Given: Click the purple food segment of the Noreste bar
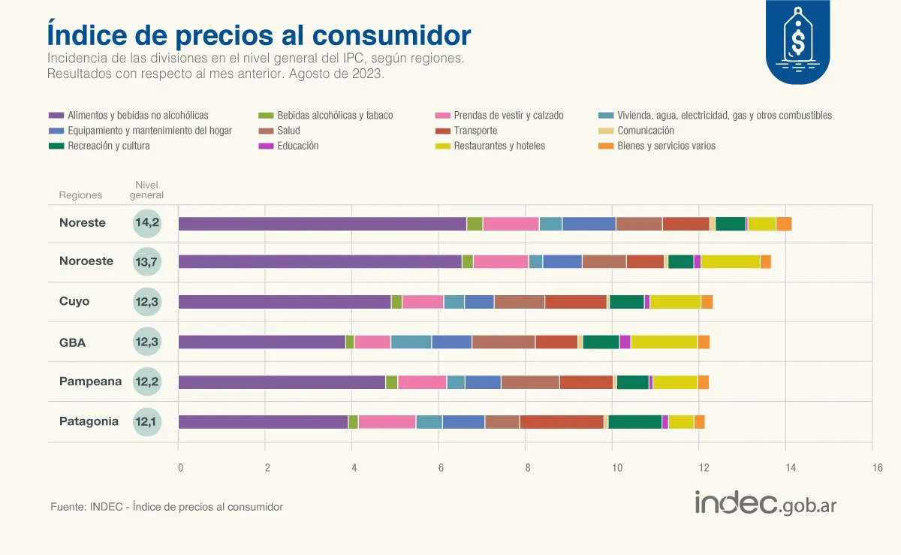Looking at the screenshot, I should [x=322, y=224].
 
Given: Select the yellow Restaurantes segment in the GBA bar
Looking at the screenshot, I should [x=664, y=342].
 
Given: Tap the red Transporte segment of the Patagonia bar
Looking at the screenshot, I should [x=561, y=422].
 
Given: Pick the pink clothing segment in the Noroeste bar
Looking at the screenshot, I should [x=501, y=261].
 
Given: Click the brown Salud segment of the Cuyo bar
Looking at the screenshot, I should [x=520, y=302].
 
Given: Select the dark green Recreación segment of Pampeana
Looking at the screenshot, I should [x=632, y=382].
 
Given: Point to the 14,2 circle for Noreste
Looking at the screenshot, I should [x=147, y=223].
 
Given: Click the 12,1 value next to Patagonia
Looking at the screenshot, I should [x=147, y=421].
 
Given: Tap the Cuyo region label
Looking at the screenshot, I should [x=74, y=301].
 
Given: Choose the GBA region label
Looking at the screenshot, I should [x=72, y=342].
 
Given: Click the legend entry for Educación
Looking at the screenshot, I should [x=297, y=146].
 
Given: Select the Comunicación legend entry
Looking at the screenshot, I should [x=645, y=131].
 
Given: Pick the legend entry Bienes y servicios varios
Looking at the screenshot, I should [x=666, y=146].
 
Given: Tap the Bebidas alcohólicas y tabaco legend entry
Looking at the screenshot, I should [x=334, y=116].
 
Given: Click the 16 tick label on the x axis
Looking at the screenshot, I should [x=878, y=468].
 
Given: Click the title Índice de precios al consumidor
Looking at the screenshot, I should [x=259, y=35].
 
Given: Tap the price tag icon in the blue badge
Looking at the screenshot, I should [x=797, y=38].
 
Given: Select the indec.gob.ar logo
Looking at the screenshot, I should [x=766, y=504].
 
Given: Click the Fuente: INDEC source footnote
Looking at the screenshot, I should [x=167, y=507].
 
